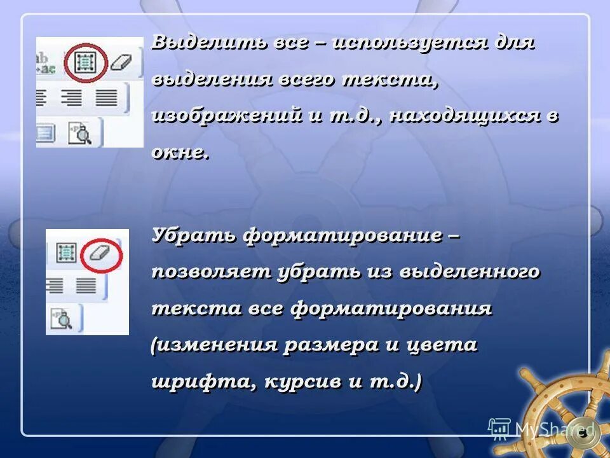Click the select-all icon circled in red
pyautogui.click(x=85, y=62)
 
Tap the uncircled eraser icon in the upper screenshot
pyautogui.click(x=120, y=62)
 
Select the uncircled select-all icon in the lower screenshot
pyautogui.click(x=66, y=253)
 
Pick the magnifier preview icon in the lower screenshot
pyautogui.click(x=64, y=318)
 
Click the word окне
pyautogui.click(x=180, y=153)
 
